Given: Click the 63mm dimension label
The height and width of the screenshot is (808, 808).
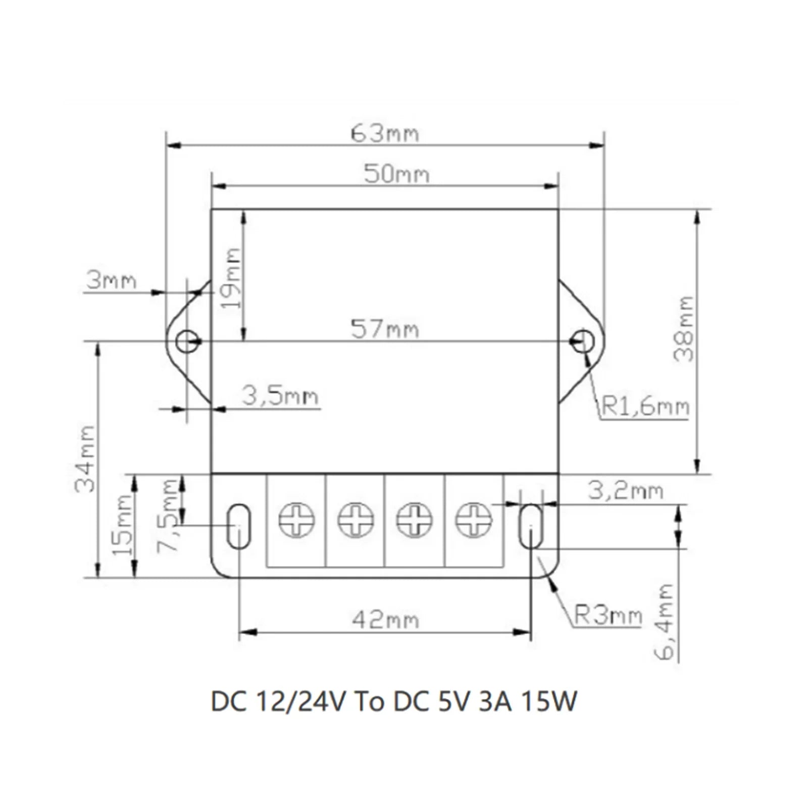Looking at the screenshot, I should pos(385,134).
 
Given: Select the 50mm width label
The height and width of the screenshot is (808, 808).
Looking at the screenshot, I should pos(396,175).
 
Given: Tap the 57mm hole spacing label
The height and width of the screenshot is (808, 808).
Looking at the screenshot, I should pos(385,330).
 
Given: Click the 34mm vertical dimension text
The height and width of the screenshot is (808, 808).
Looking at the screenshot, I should pos(84,459).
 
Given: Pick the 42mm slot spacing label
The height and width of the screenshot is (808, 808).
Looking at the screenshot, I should pos(385,620).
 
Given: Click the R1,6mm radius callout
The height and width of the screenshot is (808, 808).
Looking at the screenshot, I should pos(646,407).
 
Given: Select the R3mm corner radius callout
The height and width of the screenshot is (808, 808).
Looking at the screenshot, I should pos(608,616).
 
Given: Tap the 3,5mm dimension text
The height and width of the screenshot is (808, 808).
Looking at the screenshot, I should pos(280,396).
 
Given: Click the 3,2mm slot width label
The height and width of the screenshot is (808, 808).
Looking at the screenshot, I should pos(625,491).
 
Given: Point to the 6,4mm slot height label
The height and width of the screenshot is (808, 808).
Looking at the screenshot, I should pos(665,622).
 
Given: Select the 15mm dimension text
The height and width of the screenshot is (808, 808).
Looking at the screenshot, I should pos(122,525).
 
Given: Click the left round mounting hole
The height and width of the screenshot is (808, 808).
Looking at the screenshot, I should pos(187,342).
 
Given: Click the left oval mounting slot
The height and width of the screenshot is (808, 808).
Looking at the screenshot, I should pos(238,526).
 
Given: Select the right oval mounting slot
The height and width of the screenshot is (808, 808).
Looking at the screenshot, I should pos(531,526).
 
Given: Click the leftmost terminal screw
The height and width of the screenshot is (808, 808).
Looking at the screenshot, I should pos(297,520).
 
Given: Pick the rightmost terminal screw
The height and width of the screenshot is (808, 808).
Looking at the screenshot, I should pos(474,520).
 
